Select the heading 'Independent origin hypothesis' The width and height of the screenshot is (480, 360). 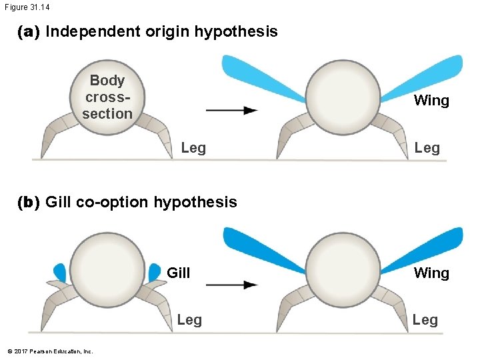tap(161, 31)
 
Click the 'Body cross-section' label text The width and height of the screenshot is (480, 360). tap(107, 97)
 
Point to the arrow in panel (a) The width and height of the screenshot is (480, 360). tap(231, 111)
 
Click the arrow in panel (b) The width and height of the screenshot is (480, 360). tap(231, 285)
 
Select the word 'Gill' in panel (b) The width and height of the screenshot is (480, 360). tap(178, 273)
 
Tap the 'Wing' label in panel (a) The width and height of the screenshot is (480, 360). tap(431, 101)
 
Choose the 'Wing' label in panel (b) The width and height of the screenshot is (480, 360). tap(431, 273)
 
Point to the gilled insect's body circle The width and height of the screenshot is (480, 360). tap(107, 268)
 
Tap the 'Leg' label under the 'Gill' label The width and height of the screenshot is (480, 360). tap(189, 320)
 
